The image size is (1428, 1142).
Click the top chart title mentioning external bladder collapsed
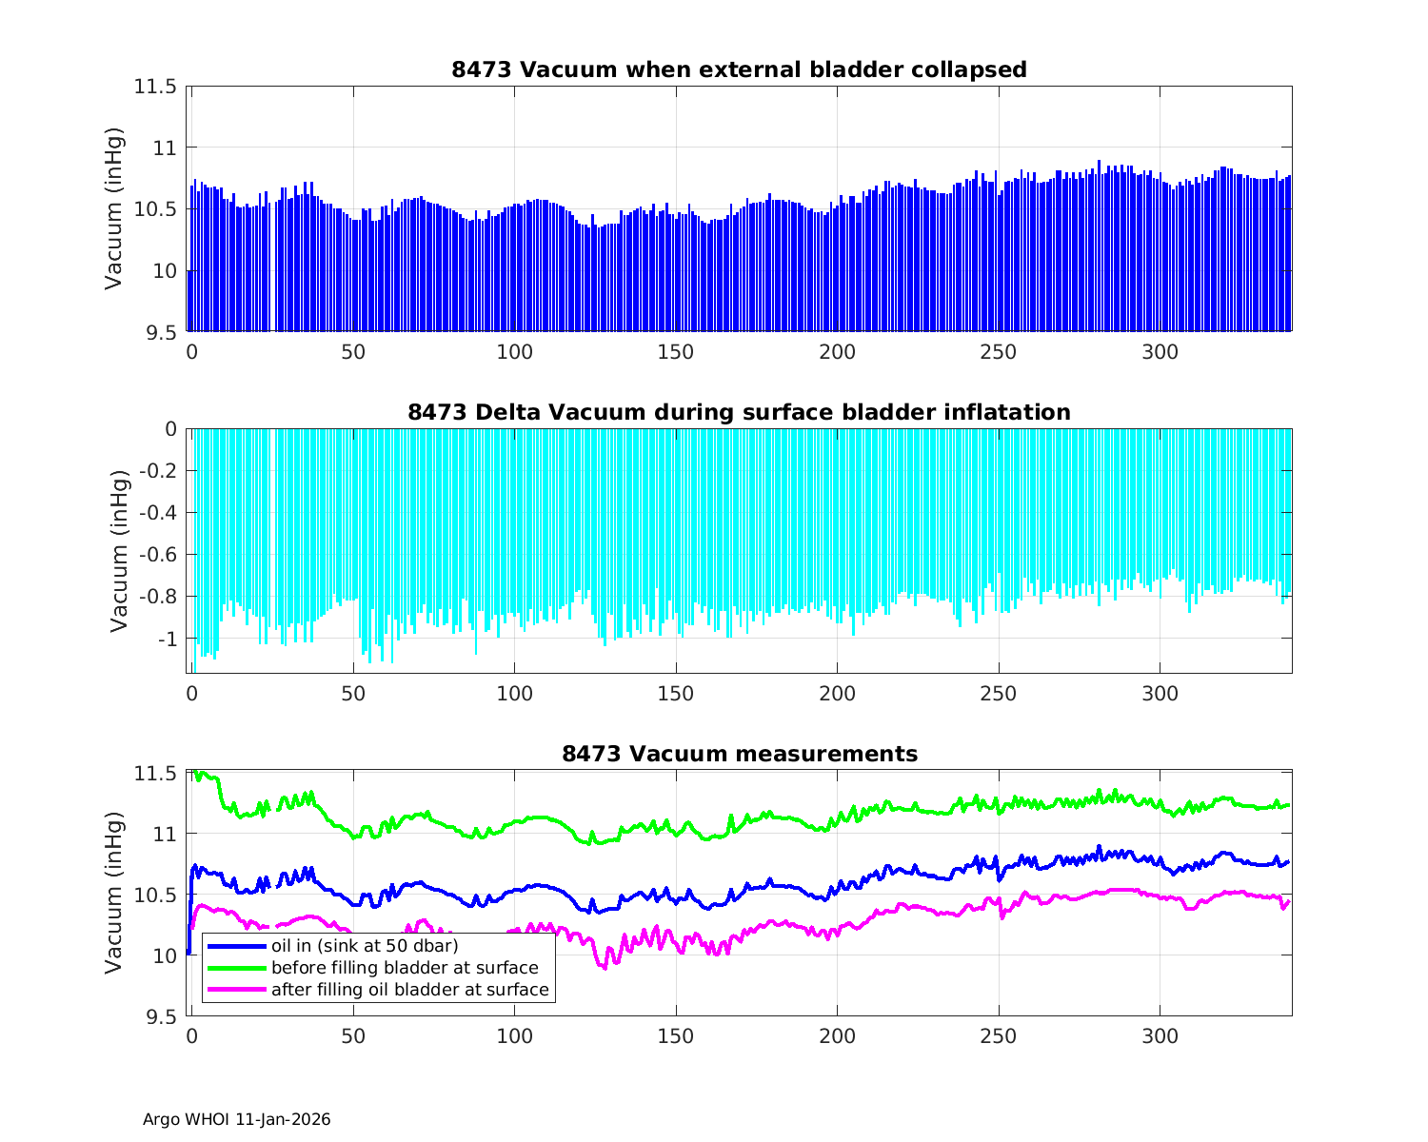coord(739,69)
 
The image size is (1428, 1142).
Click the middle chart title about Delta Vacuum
coord(739,412)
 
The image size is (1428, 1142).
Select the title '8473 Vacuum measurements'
coord(739,754)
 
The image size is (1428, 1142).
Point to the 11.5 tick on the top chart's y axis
coord(155,87)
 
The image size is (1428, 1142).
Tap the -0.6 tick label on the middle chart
coord(153,555)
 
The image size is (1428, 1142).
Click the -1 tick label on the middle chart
coord(168,639)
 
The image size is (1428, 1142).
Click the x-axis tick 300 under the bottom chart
coord(1160,1036)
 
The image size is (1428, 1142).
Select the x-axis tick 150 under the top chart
coord(676,352)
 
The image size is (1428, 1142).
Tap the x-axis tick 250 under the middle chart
coord(999,694)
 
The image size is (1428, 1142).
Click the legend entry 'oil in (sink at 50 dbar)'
coord(365,945)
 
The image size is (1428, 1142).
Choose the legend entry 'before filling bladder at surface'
coord(405,968)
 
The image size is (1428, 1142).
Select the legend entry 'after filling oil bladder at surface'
coord(409,990)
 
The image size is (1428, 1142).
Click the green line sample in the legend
coord(236,968)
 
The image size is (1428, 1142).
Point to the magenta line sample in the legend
coord(236,990)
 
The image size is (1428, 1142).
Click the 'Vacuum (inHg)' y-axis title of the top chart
coord(114,208)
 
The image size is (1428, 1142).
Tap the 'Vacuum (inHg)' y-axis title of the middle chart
coord(118,551)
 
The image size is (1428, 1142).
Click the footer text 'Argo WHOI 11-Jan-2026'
coord(237,1119)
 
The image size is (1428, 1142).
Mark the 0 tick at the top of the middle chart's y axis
coord(170,429)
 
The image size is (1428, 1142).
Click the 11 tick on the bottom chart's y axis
coord(165,834)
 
